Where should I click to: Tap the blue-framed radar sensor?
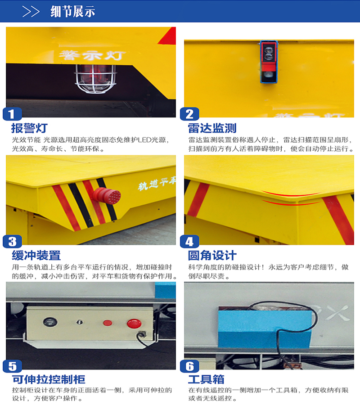click(x=269, y=62)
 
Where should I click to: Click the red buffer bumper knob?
click(x=107, y=196)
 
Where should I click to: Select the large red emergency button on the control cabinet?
click(x=134, y=323)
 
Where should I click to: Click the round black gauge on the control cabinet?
click(x=50, y=322)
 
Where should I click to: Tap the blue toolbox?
click(x=265, y=328)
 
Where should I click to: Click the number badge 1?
click(x=12, y=114)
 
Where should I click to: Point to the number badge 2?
click(x=189, y=114)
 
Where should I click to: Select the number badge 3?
click(x=12, y=242)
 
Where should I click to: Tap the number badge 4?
click(x=189, y=242)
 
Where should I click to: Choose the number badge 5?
click(x=12, y=366)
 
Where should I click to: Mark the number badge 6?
click(x=189, y=366)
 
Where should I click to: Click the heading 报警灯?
click(x=29, y=128)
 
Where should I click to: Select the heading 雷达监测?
click(x=212, y=128)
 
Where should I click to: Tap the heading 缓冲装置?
click(x=36, y=256)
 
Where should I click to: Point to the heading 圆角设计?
click(x=212, y=256)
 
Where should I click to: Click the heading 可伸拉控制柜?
click(x=49, y=379)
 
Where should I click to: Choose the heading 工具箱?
click(x=206, y=379)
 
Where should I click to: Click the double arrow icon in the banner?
click(x=31, y=12)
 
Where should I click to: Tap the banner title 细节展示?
click(x=72, y=12)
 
